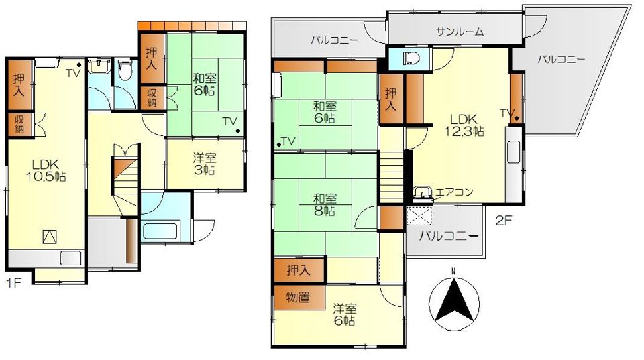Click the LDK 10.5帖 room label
46,170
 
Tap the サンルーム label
459,32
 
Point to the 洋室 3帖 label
204,164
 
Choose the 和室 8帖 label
324,204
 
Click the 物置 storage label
299,297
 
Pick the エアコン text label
454,192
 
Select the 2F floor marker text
504,219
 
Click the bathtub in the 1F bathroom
159,231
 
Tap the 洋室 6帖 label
345,314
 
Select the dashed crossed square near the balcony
421,217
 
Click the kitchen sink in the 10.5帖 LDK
70,257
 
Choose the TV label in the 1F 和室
230,121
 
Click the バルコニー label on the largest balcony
561,59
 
